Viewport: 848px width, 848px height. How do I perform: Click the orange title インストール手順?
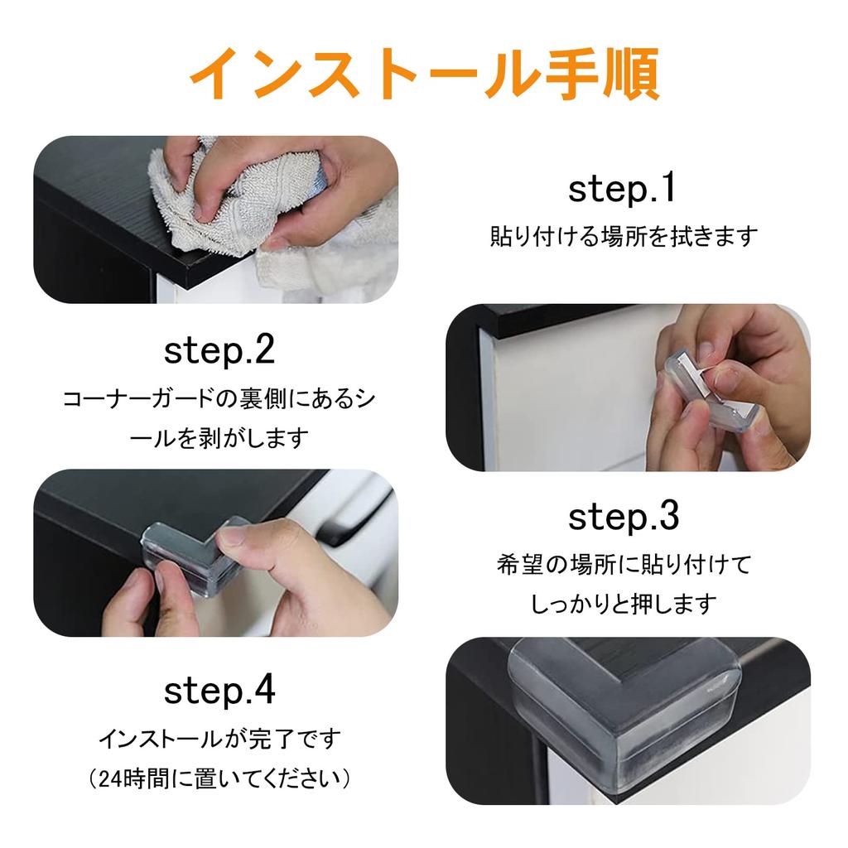[425, 73]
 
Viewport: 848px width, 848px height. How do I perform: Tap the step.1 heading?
[622, 189]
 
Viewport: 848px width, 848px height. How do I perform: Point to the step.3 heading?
[624, 517]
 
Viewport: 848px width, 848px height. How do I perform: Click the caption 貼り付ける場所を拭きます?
[624, 236]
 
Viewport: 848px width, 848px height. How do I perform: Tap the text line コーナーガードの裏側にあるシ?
[219, 399]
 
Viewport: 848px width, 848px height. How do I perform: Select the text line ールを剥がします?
[219, 438]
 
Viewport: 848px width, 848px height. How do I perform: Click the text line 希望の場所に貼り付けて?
[624, 565]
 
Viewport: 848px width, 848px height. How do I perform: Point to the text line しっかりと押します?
[624, 604]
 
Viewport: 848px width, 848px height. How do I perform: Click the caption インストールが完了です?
[219, 739]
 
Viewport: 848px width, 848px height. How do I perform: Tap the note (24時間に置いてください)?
[219, 778]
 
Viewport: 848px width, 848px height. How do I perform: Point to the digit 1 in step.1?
[669, 188]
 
